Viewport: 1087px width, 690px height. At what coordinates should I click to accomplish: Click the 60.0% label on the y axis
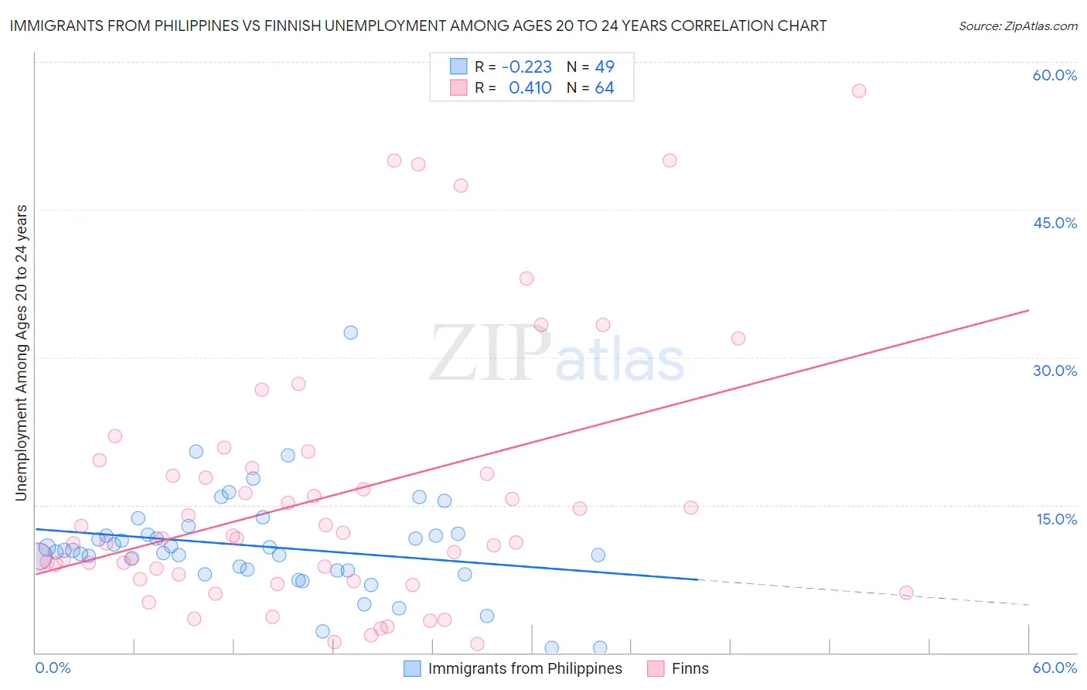[x=1055, y=75]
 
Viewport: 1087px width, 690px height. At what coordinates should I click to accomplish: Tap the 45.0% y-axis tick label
[x=1055, y=223]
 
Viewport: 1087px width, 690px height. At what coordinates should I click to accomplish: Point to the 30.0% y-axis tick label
[x=1055, y=371]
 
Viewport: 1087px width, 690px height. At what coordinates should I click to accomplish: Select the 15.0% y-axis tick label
[x=1056, y=519]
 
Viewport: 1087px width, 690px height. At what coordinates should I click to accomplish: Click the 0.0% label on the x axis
[x=53, y=668]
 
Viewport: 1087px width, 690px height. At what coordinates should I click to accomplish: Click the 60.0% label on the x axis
[x=1055, y=668]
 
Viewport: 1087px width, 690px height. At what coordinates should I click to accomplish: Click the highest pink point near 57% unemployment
[x=858, y=91]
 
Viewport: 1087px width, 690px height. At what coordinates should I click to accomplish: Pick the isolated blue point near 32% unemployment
[x=350, y=333]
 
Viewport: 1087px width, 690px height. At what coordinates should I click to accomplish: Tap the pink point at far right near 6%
[x=906, y=593]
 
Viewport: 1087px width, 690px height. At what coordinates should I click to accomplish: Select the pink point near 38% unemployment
[x=526, y=278]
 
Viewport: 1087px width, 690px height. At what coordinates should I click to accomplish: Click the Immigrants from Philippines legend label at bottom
[x=525, y=668]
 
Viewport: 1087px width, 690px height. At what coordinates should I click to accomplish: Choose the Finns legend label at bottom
[x=690, y=668]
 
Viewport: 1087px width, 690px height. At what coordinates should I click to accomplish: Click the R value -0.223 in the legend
[x=526, y=67]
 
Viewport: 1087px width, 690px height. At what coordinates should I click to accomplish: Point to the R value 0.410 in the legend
[x=530, y=88]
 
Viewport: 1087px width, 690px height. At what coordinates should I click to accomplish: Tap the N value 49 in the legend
[x=604, y=67]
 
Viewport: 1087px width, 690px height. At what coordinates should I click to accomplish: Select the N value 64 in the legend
[x=604, y=88]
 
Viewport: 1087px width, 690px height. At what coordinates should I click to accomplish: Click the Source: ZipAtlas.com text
[x=1017, y=26]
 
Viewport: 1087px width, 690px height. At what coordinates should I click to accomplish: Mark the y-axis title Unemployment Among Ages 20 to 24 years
[x=21, y=353]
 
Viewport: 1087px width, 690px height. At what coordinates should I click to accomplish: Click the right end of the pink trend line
[x=1028, y=310]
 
